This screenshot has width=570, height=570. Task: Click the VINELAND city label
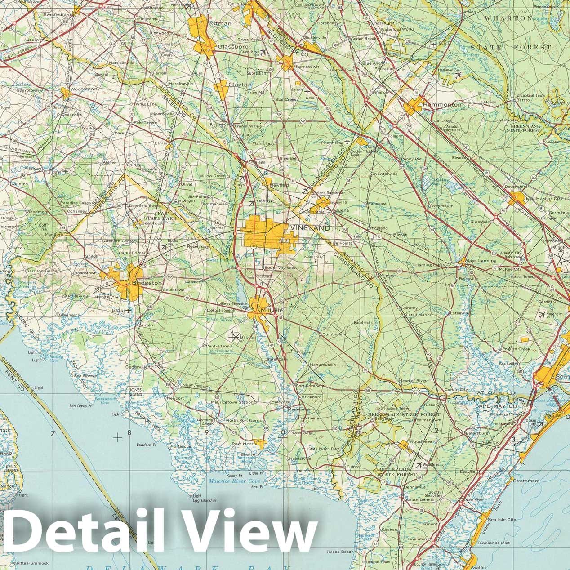310,228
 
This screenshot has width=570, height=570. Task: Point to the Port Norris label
243,444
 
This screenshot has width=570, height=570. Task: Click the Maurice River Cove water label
234,481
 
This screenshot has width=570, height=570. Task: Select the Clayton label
240,85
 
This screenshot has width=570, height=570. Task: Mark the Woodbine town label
420,441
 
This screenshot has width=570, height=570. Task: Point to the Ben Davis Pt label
80,406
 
